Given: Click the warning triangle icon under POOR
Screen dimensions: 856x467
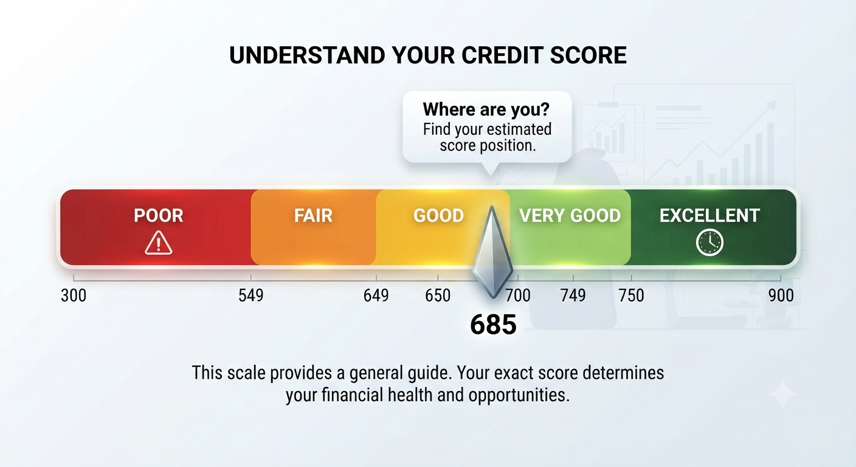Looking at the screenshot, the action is [159, 243].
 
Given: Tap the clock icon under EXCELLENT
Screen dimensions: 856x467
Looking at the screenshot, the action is [709, 242].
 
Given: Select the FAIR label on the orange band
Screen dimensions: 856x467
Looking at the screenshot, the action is [313, 215].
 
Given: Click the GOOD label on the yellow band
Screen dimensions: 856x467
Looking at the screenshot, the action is [439, 215].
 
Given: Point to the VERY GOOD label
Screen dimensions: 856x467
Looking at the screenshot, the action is [570, 215].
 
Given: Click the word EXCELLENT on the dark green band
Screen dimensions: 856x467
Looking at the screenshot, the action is [709, 215].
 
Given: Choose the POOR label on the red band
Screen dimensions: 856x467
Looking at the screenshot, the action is [159, 215].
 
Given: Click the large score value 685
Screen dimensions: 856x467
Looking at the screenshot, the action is [493, 325].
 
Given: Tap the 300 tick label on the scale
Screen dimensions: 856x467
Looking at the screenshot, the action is [74, 296].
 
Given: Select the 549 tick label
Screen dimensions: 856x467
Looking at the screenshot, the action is [251, 296].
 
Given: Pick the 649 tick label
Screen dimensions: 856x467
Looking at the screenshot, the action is [376, 296].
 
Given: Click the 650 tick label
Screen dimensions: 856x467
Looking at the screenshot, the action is [438, 296].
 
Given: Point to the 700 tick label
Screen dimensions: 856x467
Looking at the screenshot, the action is [518, 296].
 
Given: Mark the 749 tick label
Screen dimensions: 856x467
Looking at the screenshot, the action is [573, 296].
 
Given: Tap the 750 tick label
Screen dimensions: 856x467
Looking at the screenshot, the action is [631, 296].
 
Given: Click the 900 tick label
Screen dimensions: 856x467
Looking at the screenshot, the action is [781, 296].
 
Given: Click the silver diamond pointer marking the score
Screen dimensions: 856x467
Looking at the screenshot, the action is [492, 252].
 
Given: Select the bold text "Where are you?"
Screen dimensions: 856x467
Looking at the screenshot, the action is [486, 109].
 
